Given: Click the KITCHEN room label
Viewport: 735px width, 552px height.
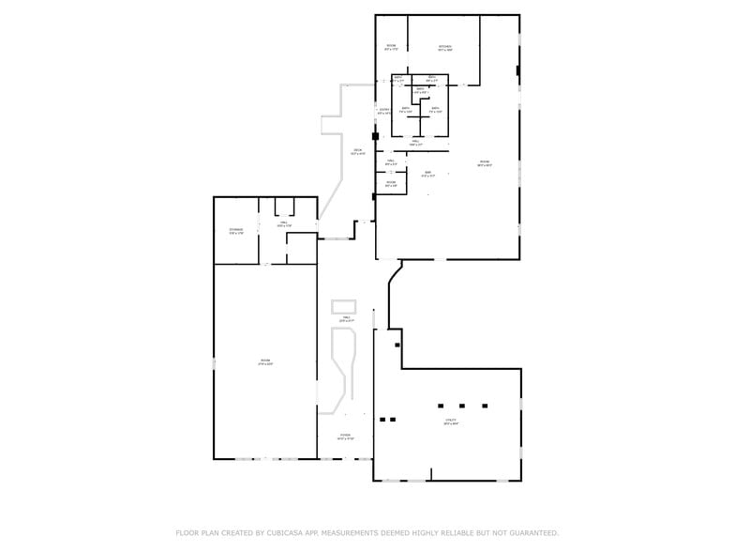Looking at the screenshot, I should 444,47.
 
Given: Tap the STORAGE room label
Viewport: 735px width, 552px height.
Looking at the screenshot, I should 236,230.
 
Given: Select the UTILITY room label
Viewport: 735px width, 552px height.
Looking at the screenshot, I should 451,421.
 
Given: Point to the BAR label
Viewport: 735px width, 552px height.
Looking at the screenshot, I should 427,173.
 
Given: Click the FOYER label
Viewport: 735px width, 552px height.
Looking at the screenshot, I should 345,436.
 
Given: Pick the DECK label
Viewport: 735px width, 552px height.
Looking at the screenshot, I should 357,151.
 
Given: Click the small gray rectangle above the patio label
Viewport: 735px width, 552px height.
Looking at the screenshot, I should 344,306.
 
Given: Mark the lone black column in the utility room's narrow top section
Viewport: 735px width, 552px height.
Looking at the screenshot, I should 397,345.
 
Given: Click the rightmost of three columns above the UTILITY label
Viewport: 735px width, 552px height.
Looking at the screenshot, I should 485,406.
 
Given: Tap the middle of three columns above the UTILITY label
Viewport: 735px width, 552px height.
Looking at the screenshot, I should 462,406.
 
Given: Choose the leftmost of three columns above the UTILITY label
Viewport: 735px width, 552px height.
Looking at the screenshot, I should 440,406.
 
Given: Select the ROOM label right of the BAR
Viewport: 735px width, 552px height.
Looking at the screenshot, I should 485,163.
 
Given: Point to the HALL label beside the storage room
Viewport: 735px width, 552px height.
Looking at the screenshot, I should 284,223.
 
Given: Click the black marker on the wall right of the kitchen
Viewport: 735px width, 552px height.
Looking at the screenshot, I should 517,69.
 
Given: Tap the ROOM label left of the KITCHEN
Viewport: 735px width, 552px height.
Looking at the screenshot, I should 391,47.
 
